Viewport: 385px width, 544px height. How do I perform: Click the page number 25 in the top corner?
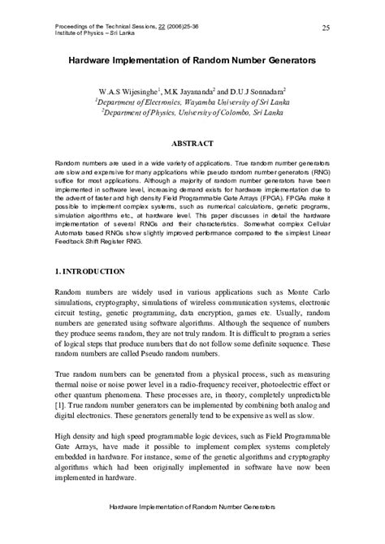tap(325, 28)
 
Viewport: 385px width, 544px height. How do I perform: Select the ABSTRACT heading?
tap(192, 143)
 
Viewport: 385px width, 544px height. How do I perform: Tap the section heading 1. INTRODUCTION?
tap(89, 270)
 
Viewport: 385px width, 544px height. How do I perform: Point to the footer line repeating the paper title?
tap(192, 529)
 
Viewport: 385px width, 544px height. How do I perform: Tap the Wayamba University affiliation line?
tap(192, 103)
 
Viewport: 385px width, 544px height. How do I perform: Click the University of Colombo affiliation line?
tap(192, 114)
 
